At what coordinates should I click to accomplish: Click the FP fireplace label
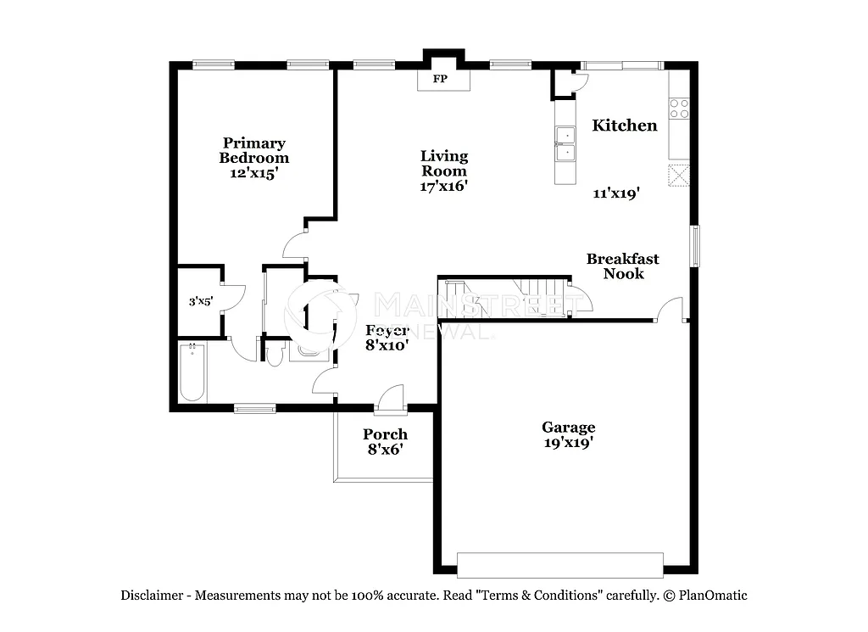click(x=440, y=80)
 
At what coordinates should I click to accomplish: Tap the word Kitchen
click(x=624, y=126)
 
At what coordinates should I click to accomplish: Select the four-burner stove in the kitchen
click(x=679, y=109)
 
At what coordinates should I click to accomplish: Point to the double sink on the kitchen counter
click(x=565, y=143)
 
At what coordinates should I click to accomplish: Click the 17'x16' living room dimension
click(x=444, y=186)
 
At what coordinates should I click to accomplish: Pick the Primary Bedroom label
click(x=253, y=150)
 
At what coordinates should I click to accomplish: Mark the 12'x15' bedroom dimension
click(x=253, y=173)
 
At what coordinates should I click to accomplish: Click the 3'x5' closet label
click(x=200, y=301)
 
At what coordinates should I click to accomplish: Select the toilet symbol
click(x=274, y=354)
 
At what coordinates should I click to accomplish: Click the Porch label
click(x=385, y=434)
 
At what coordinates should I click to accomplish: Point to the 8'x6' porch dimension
click(x=385, y=450)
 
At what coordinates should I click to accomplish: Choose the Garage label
click(x=569, y=428)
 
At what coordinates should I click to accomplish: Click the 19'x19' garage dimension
click(x=569, y=443)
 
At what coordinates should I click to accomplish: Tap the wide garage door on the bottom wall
click(x=559, y=565)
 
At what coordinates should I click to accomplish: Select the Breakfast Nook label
click(x=623, y=266)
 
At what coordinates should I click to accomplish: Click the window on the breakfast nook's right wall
click(x=694, y=246)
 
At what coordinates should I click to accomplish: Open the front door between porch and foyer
click(x=391, y=401)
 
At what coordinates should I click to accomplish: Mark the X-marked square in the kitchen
click(x=679, y=175)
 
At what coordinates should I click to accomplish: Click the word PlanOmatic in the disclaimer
click(x=712, y=596)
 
